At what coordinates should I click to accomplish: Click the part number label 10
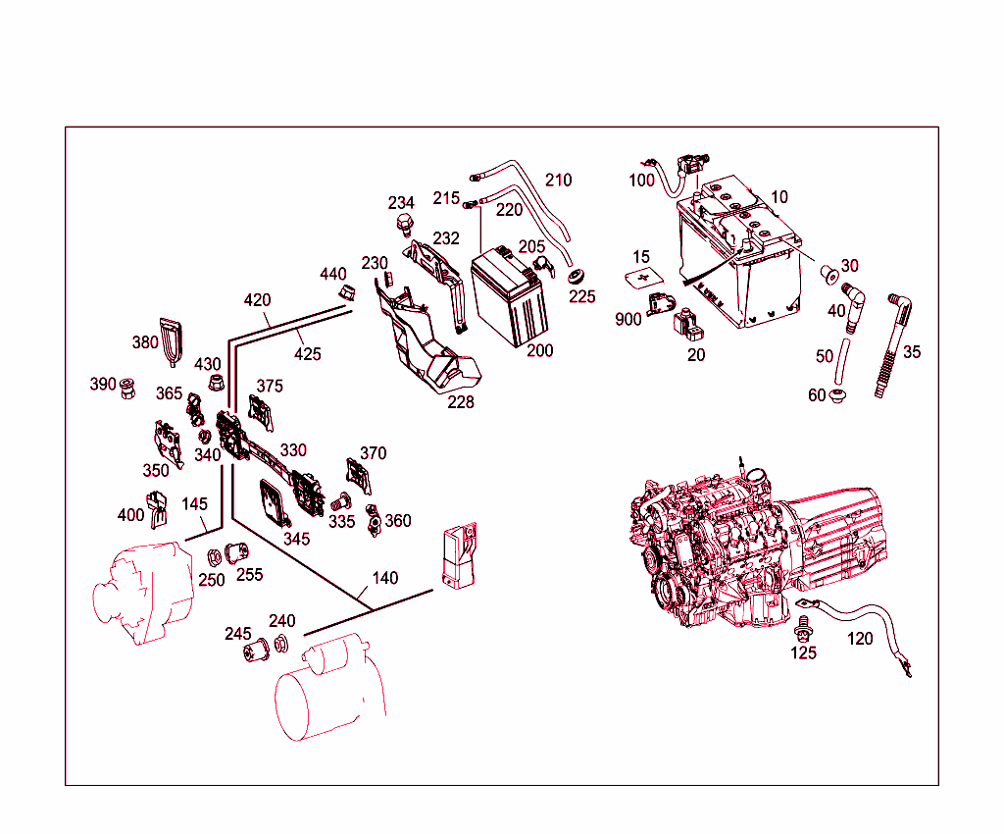(x=778, y=197)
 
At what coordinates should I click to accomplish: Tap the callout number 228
(x=461, y=402)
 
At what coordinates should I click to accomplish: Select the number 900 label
(x=628, y=320)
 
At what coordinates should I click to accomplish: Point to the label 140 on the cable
(x=385, y=578)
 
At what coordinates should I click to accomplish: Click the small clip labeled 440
(x=346, y=291)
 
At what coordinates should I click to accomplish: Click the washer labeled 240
(x=280, y=644)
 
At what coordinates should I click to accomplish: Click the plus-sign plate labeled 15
(x=643, y=279)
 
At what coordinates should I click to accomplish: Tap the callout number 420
(x=258, y=300)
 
